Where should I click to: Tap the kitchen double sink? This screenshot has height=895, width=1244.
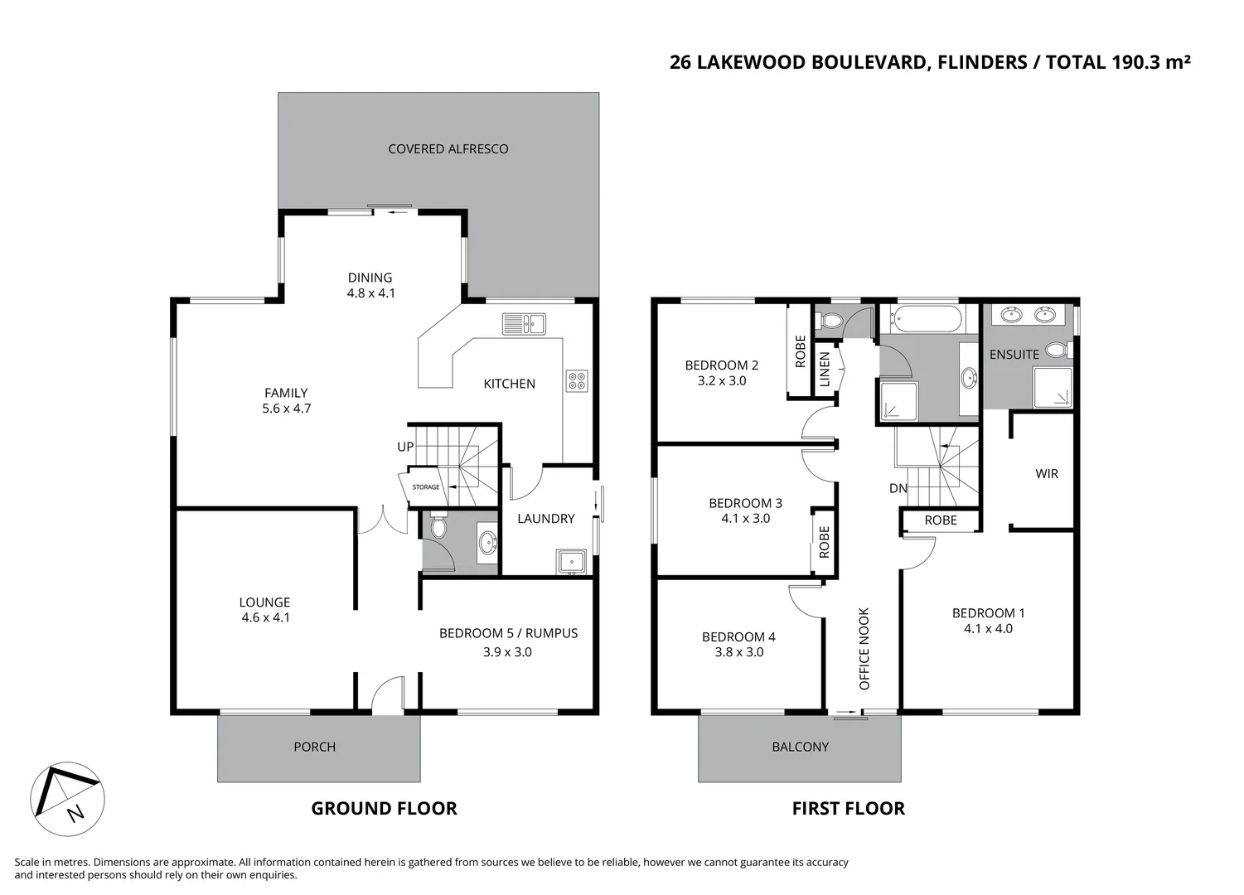pyautogui.click(x=524, y=323)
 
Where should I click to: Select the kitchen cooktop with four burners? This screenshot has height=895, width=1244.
pyautogui.click(x=577, y=380)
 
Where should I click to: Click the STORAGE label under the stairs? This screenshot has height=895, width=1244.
pyautogui.click(x=426, y=487)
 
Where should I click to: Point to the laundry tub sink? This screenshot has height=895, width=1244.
pyautogui.click(x=572, y=562)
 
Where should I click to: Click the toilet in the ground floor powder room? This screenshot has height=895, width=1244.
pyautogui.click(x=438, y=527)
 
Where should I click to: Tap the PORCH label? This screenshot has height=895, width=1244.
pyautogui.click(x=315, y=747)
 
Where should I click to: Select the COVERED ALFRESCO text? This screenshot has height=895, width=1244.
pyautogui.click(x=448, y=149)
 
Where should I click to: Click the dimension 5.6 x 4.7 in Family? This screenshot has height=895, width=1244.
pyautogui.click(x=287, y=409)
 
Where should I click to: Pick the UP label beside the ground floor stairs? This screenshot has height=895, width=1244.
pyautogui.click(x=405, y=447)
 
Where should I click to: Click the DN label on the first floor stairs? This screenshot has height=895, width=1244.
pyautogui.click(x=898, y=488)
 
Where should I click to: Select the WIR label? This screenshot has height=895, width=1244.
pyautogui.click(x=1047, y=474)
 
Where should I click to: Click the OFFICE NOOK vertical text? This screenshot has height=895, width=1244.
pyautogui.click(x=864, y=649)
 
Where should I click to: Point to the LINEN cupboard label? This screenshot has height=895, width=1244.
pyautogui.click(x=825, y=370)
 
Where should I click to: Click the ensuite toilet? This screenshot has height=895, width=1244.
pyautogui.click(x=1057, y=351)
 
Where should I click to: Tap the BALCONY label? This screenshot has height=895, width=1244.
pyautogui.click(x=800, y=747)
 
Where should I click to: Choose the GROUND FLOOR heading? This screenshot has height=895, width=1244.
pyautogui.click(x=384, y=809)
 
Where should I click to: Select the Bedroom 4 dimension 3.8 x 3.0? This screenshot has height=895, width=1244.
pyautogui.click(x=739, y=652)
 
